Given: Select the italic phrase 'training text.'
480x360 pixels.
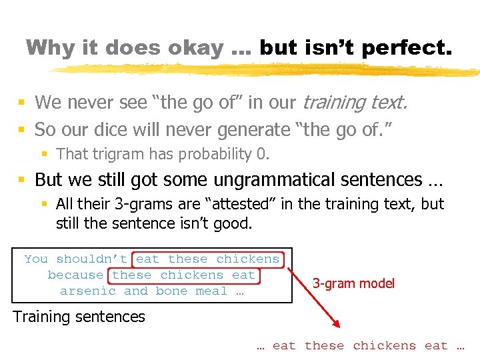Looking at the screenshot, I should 355,102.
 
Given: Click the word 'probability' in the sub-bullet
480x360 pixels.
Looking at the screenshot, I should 214,154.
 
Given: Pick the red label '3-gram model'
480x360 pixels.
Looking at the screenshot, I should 353,283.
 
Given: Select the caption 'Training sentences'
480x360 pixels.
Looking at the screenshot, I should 79,317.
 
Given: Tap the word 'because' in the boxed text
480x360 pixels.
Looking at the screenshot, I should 75,275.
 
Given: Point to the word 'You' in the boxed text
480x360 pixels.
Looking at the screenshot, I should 36,259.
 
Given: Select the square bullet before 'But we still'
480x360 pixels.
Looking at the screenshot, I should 22,180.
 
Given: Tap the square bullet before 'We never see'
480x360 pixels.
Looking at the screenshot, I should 22,103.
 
